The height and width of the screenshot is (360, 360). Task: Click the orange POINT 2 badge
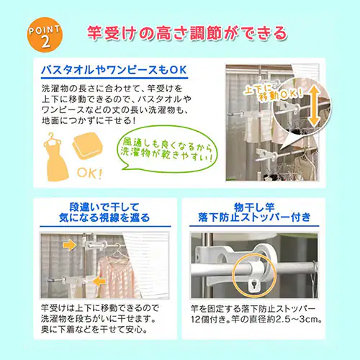tap(45, 35)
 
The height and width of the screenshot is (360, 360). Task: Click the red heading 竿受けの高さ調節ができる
tap(187, 33)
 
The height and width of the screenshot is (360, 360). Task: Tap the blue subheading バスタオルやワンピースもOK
tap(114, 70)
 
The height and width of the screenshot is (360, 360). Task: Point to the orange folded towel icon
tap(88, 145)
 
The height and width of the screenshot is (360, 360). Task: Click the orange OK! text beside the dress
tap(89, 173)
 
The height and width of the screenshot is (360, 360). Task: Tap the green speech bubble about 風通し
tap(167, 149)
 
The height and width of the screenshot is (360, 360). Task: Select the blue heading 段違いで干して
tap(104, 207)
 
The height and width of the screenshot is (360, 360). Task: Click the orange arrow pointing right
tap(70, 245)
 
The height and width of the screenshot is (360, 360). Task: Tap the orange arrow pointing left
tap(99, 282)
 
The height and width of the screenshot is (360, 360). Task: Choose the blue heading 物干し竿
tap(254, 207)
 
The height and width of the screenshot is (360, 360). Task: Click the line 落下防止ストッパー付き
tap(254, 217)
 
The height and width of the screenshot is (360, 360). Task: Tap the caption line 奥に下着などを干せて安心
tap(94, 330)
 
